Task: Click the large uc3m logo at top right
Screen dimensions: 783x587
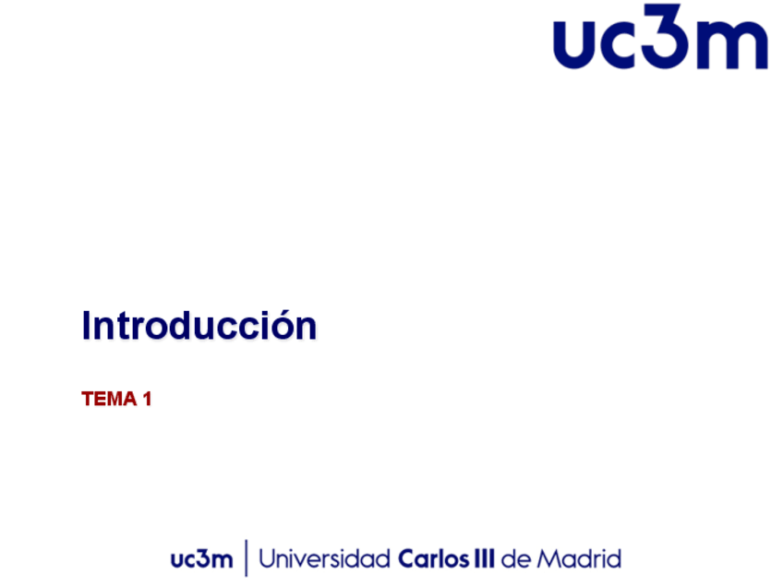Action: (x=661, y=36)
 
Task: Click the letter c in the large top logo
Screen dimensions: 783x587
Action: (x=619, y=44)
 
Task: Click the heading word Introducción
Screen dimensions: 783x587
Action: (x=199, y=325)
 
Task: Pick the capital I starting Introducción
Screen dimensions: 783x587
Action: (x=85, y=326)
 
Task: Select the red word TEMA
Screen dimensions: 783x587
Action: (x=109, y=399)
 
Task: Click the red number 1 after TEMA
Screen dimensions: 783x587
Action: (x=147, y=399)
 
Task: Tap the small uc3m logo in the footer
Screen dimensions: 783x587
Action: (x=201, y=559)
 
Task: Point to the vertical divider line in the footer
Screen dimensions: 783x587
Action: (x=247, y=558)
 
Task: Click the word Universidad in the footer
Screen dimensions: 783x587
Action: (x=325, y=558)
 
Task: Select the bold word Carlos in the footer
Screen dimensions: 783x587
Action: (x=433, y=558)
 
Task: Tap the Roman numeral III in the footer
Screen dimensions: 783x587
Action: (x=484, y=558)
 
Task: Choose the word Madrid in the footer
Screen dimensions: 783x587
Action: (x=579, y=558)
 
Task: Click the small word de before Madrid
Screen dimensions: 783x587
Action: (x=516, y=558)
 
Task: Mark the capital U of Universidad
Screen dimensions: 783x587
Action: (x=268, y=559)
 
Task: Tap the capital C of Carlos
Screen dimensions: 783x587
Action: (x=407, y=559)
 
